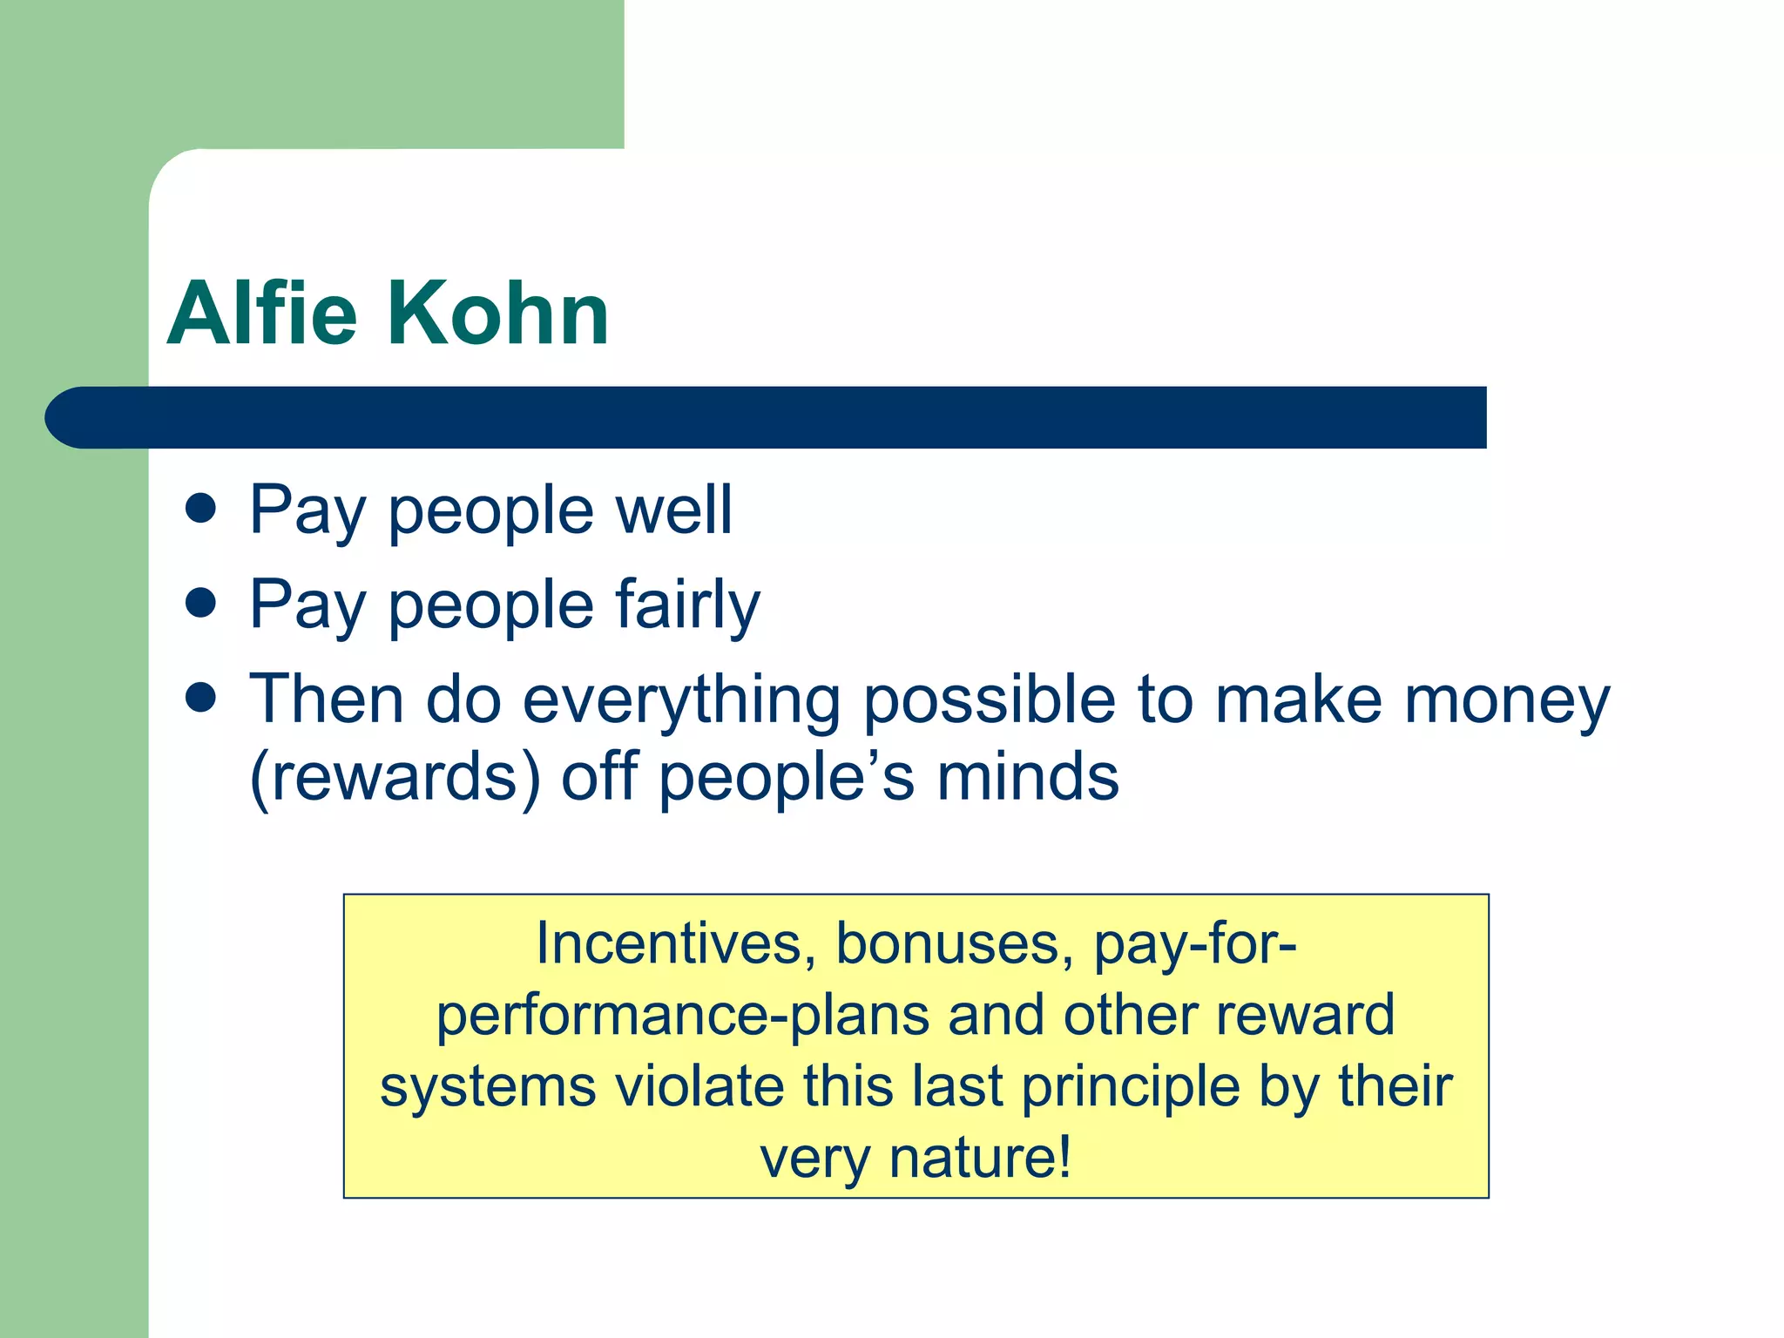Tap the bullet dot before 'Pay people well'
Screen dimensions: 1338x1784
click(x=201, y=508)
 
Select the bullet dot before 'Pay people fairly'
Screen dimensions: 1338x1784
click(x=201, y=603)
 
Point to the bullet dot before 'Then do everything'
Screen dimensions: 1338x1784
click(x=201, y=697)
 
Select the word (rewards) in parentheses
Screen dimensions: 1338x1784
click(x=395, y=777)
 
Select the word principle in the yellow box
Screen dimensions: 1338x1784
click(x=1130, y=1087)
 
